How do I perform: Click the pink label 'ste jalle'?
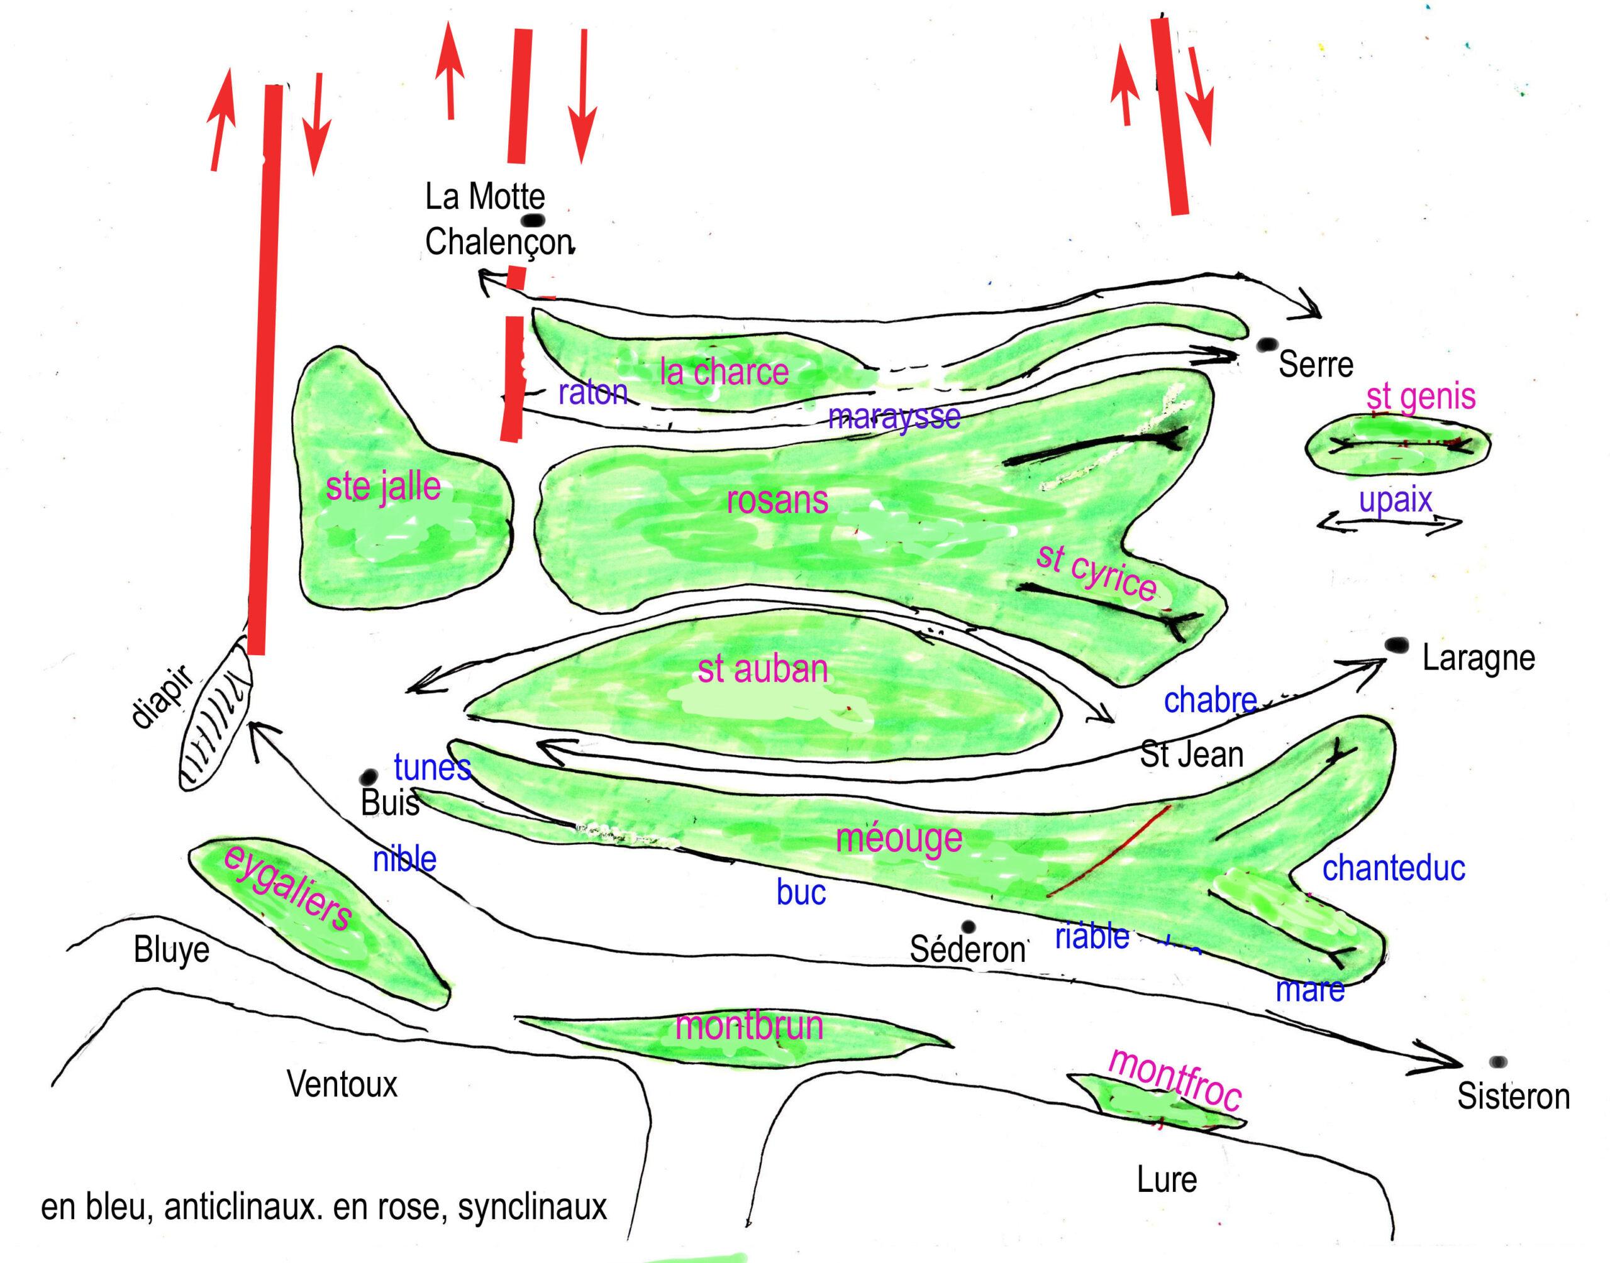383,488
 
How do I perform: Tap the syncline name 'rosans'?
777,500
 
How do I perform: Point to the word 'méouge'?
899,839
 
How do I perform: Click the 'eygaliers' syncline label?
287,888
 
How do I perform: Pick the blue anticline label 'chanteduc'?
1393,868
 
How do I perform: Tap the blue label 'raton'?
592,393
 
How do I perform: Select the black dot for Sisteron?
1498,1062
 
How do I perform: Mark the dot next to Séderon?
968,927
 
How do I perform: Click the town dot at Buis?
369,777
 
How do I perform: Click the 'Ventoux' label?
341,1086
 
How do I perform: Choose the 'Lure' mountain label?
1166,1180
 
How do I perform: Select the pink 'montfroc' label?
1174,1079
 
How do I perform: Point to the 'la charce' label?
723,372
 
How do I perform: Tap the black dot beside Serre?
1268,344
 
